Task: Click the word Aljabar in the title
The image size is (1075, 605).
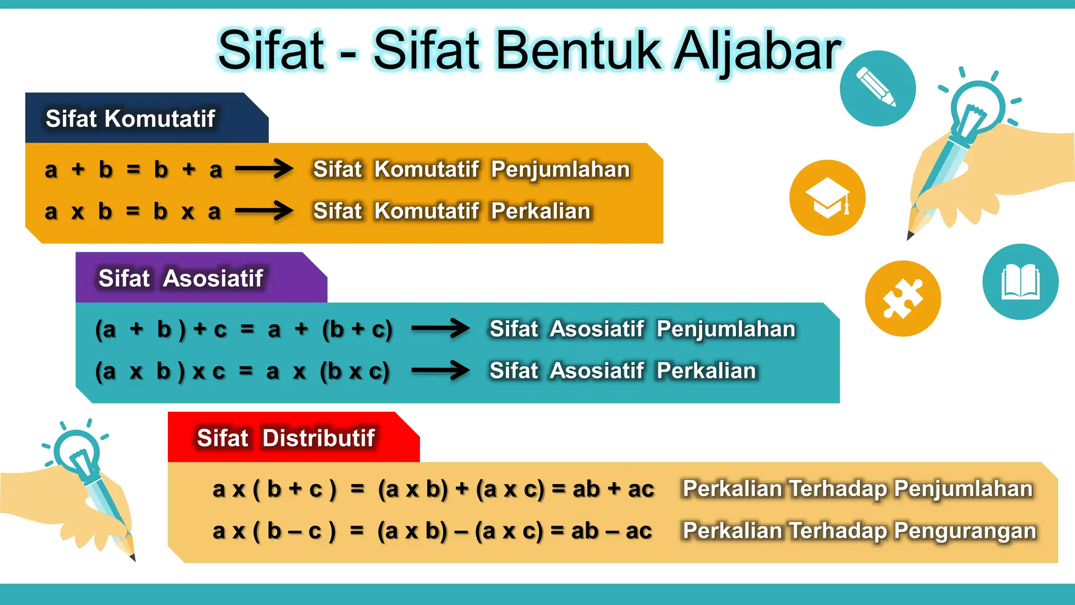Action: pos(757,51)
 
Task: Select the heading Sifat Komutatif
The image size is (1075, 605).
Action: pos(130,119)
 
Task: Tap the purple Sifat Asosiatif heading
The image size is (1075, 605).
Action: pos(181,278)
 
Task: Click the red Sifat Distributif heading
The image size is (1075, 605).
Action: pos(286,438)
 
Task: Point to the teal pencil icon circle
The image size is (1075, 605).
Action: pos(877,88)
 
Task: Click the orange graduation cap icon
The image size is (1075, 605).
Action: pos(827,198)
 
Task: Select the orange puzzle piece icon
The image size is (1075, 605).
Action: pos(902,298)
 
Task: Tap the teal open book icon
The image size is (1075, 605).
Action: pos(1020,282)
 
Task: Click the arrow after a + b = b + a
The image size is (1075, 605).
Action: pos(264,169)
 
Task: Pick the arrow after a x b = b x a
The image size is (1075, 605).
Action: pos(264,211)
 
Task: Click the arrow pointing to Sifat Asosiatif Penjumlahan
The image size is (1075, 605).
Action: pos(440,329)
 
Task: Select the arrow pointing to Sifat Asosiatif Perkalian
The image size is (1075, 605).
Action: pos(440,371)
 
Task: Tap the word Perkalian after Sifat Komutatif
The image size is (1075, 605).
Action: pos(541,211)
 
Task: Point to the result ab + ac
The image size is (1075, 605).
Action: pos(613,489)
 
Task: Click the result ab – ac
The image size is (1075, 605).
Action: pos(612,531)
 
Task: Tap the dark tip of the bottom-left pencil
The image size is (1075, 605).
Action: pos(133,558)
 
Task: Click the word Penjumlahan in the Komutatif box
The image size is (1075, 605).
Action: pos(560,170)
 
